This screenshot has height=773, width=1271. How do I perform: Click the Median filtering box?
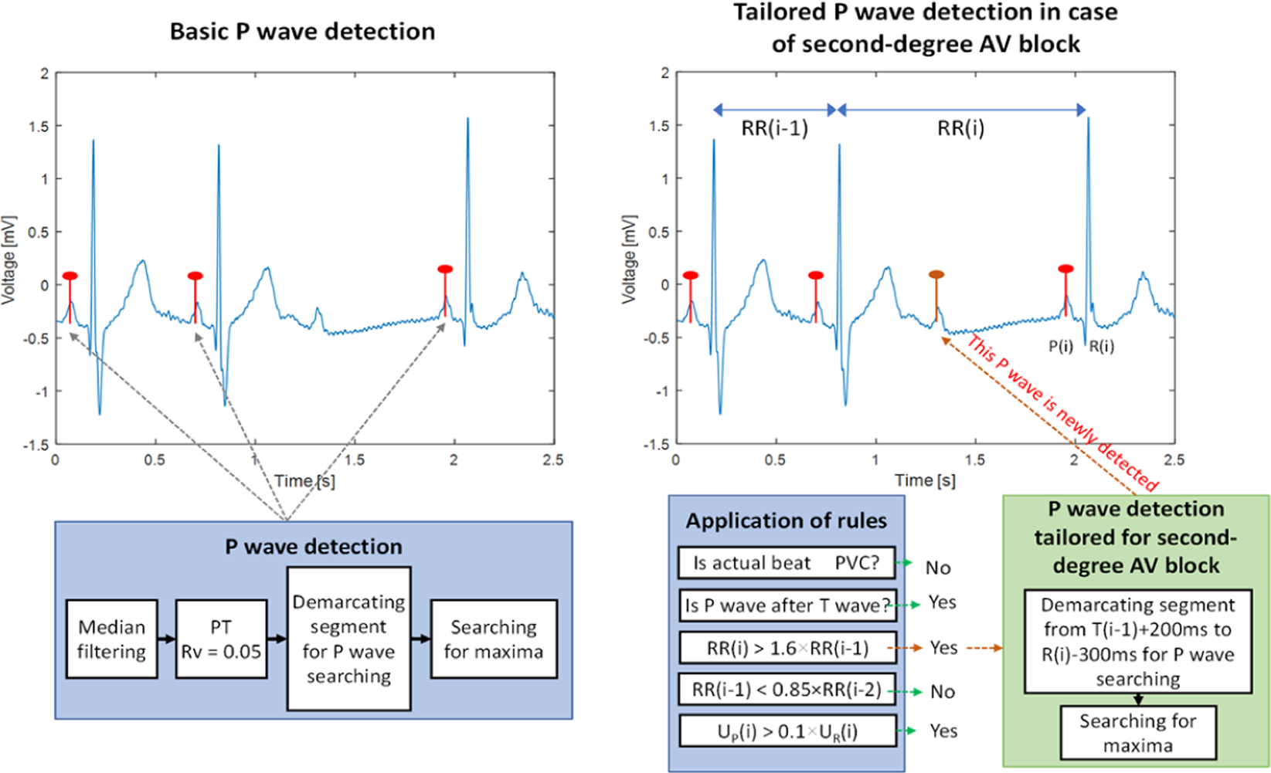point(112,639)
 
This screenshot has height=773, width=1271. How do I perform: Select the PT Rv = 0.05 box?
point(221,639)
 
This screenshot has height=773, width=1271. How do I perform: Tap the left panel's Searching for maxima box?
point(494,639)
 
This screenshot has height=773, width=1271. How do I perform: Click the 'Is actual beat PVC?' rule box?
point(786,563)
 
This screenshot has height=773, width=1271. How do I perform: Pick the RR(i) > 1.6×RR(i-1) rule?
point(787,648)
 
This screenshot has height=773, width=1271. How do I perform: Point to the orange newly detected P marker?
point(936,275)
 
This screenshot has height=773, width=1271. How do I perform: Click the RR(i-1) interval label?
point(774,129)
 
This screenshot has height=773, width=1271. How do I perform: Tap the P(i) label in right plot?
point(1061,347)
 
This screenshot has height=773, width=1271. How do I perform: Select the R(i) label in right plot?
point(1102,347)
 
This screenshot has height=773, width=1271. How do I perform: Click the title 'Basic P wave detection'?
point(302,32)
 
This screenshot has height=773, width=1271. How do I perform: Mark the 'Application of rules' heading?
point(786,521)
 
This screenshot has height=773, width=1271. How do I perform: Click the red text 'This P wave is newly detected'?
point(1062,413)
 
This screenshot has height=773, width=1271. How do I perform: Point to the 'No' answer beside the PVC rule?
point(938,568)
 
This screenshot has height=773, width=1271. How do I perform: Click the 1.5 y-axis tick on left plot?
point(39,126)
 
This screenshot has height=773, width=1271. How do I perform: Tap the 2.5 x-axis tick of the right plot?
point(1173,459)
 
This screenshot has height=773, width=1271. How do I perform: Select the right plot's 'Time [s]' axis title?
point(925,480)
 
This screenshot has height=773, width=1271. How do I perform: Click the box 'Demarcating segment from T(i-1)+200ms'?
point(1137,642)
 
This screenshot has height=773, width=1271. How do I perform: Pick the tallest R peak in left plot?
point(468,120)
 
